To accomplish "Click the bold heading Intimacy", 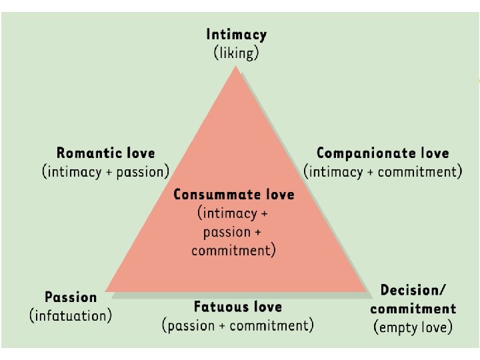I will [x=236, y=34].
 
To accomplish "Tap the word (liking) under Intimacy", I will [x=236, y=53].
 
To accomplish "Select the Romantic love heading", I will [x=105, y=153].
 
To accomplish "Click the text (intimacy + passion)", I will [x=105, y=172].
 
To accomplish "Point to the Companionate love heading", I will [x=383, y=153].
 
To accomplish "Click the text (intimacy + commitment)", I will [x=383, y=172].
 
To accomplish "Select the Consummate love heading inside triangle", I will [x=233, y=195].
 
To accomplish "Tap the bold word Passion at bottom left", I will [x=71, y=297].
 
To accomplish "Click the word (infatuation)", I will [x=71, y=315].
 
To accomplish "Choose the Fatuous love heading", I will [x=238, y=307].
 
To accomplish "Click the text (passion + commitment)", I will [x=238, y=326].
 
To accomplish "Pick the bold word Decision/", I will [x=413, y=290].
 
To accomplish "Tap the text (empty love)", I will [x=413, y=327].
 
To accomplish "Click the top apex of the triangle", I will [x=235, y=67].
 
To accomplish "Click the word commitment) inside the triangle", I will [x=233, y=251].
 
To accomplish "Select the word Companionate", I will [x=361, y=153].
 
